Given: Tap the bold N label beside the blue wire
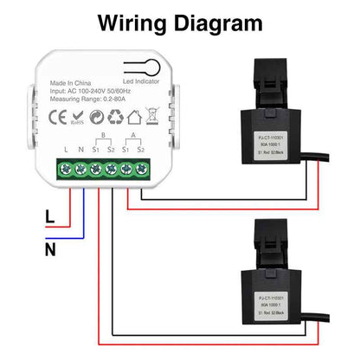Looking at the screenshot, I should pyautogui.click(x=49, y=250).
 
